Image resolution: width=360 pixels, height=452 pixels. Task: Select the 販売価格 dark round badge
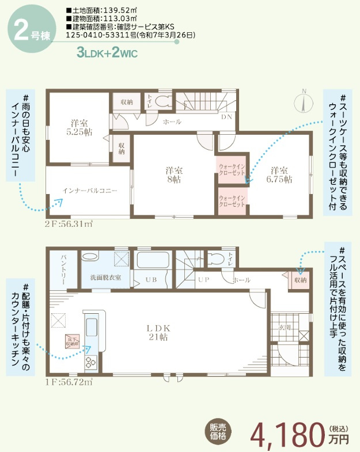coord(218,431)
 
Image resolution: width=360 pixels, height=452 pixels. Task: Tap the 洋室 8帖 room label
coord(174,174)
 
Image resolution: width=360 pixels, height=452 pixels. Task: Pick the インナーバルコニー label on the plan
coord(90,190)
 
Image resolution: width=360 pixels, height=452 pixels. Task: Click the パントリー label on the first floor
coord(63,271)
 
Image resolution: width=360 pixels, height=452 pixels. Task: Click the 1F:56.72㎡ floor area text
coord(69,381)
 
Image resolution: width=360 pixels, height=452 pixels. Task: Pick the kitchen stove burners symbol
coord(91,362)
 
